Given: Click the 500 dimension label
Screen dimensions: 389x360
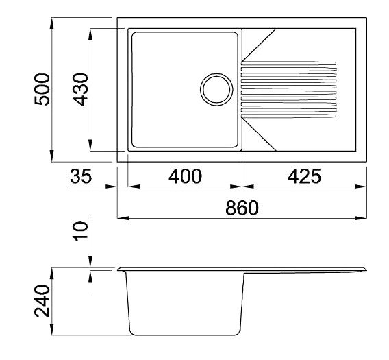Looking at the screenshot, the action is pos(42,89).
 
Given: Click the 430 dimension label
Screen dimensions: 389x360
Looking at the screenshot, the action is pos(81,89).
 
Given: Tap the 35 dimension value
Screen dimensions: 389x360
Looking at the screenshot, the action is pos(81,176).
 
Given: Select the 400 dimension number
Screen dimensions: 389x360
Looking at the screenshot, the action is pos(185,176).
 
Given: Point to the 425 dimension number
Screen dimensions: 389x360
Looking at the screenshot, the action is pos(304,176).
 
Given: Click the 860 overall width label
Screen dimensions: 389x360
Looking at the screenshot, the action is pos(242,208).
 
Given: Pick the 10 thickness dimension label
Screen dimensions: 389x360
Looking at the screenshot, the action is pos(81,232).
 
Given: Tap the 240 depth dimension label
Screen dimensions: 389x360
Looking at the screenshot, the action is pos(42,301).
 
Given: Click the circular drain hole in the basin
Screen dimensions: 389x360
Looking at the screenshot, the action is pos(216,89).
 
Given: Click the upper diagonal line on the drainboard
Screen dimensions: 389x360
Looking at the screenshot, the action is pos(259,45).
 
